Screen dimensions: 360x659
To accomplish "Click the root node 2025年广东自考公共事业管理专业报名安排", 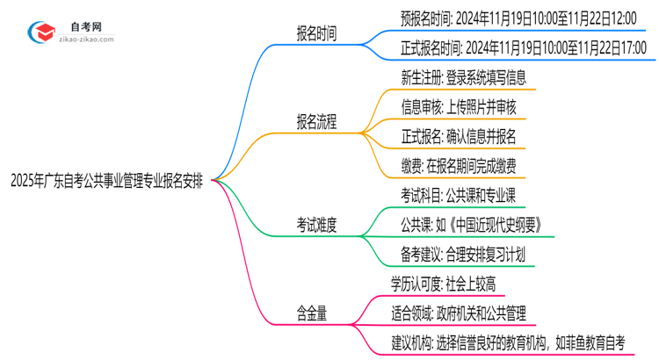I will pyautogui.click(x=108, y=181).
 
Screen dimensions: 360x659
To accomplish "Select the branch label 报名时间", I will pyautogui.click(x=315, y=34).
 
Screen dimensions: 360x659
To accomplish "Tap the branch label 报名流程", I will pyautogui.click(x=315, y=122).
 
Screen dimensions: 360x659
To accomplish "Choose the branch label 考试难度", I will pyautogui.click(x=315, y=226).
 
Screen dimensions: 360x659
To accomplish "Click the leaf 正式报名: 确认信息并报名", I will pyautogui.click(x=458, y=135).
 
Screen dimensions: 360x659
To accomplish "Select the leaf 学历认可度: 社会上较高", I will pyautogui.click(x=449, y=283).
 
